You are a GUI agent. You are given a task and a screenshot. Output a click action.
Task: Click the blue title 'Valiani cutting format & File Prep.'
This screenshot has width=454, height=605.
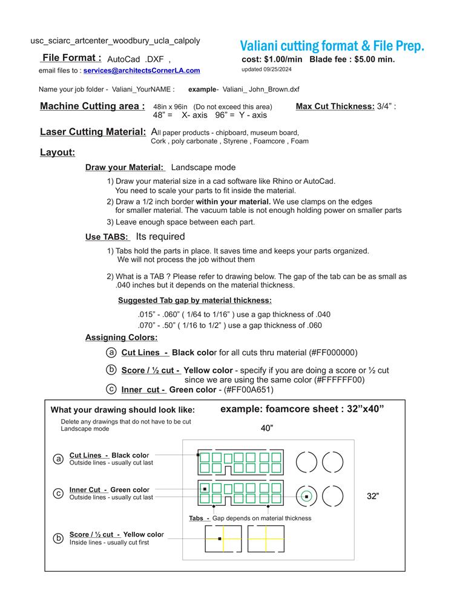point(332,46)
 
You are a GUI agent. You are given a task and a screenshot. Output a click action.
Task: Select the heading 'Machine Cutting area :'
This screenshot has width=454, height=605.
point(92,106)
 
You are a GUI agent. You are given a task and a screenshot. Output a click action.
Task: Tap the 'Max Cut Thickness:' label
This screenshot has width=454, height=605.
point(335,106)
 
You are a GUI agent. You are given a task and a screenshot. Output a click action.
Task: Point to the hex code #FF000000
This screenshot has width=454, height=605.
point(333,353)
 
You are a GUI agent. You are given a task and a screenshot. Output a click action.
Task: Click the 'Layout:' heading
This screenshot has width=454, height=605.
point(58,152)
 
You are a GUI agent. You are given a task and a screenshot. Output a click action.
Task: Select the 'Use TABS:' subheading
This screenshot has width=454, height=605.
point(107,237)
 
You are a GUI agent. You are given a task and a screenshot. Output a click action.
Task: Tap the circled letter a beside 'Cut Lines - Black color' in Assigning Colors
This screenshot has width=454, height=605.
point(111,352)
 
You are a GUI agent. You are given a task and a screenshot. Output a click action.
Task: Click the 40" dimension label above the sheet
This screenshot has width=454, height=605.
point(267,428)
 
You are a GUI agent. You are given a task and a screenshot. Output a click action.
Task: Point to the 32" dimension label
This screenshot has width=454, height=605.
point(373,496)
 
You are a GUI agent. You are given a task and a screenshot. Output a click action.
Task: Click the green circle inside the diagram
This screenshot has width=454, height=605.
point(307,496)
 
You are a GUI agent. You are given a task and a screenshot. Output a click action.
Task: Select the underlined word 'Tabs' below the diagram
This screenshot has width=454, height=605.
point(196,518)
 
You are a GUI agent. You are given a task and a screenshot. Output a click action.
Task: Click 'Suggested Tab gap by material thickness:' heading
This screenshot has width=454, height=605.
point(194,301)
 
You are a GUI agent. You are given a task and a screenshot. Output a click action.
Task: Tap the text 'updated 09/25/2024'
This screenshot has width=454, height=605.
point(266,69)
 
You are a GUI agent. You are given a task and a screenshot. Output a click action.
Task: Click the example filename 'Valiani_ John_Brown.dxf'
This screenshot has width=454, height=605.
point(261,89)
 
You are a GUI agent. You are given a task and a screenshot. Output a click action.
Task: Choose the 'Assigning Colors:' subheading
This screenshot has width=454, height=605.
point(121,338)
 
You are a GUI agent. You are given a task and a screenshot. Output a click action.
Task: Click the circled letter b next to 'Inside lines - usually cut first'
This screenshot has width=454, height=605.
point(59,538)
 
